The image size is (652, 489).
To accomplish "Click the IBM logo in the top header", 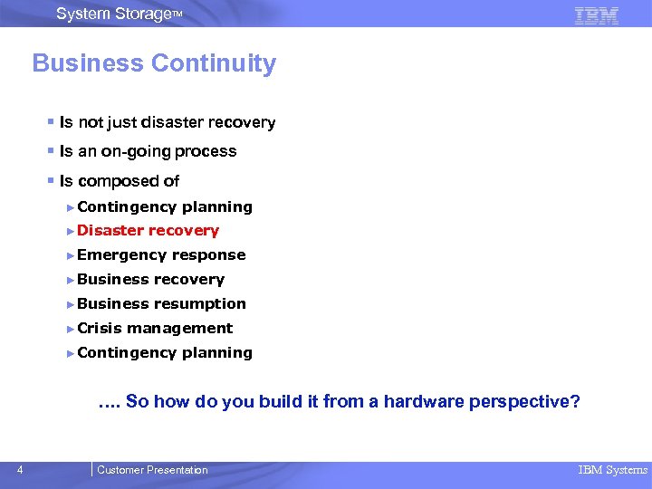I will coord(597,14).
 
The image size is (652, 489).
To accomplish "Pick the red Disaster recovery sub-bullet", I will coord(149,231).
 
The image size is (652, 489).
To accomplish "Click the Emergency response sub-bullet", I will coord(161,255).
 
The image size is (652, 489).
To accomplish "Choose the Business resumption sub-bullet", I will coord(161,304).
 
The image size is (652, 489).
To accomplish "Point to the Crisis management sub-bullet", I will coord(155,329).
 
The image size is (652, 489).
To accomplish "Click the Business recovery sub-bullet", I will coord(150,280).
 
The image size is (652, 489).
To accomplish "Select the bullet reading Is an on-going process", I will coord(148,151).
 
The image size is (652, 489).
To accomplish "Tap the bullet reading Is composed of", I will coord(120,181).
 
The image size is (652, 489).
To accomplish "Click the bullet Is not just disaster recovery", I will coord(168,122).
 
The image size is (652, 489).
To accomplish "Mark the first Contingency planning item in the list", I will coord(165,206).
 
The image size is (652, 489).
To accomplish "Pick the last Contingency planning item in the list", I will coord(165,353).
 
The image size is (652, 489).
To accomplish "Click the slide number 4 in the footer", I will coord(21,469).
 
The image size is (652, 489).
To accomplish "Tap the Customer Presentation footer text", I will coord(152,470).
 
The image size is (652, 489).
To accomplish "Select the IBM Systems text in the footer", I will coord(613,470).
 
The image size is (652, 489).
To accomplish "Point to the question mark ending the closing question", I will coord(575,402).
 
